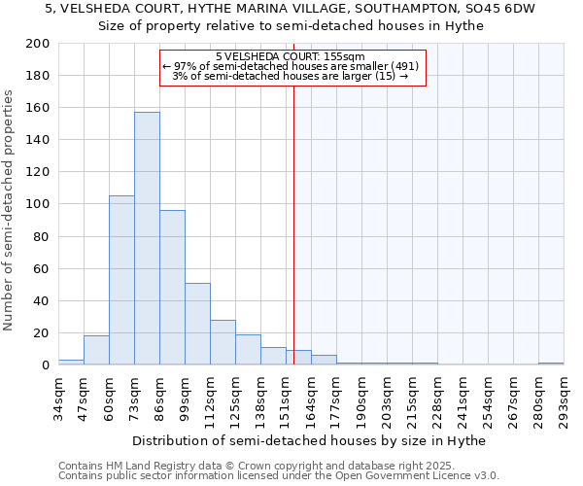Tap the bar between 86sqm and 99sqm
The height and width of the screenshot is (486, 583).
pos(172,287)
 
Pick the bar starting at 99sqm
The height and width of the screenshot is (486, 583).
pos(197,324)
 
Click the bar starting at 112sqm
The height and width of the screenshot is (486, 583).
pos(223,342)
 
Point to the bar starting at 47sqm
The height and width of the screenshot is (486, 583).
pos(96,350)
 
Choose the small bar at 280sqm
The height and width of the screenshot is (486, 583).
pos(551,364)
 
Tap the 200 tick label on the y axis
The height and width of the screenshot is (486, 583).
pos(38,44)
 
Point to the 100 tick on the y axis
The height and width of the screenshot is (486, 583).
pos(38,204)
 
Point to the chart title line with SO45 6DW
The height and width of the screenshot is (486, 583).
pos(291,8)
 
